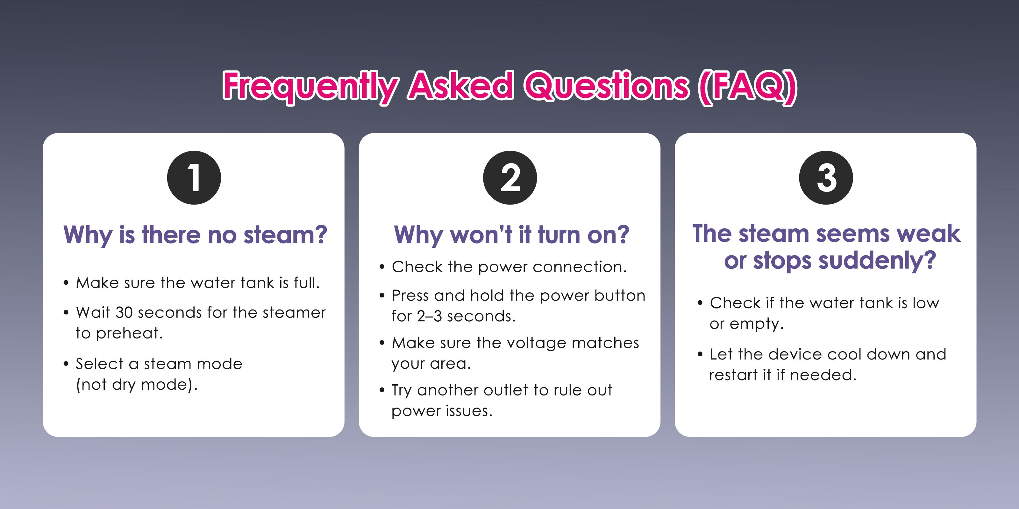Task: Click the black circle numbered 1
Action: [194, 178]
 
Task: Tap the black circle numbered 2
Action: [510, 178]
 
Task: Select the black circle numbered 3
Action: [826, 178]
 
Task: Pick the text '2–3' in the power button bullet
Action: [429, 316]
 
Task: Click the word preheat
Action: [129, 333]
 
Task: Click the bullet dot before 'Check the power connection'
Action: [382, 267]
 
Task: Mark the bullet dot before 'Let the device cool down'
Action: [700, 354]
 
